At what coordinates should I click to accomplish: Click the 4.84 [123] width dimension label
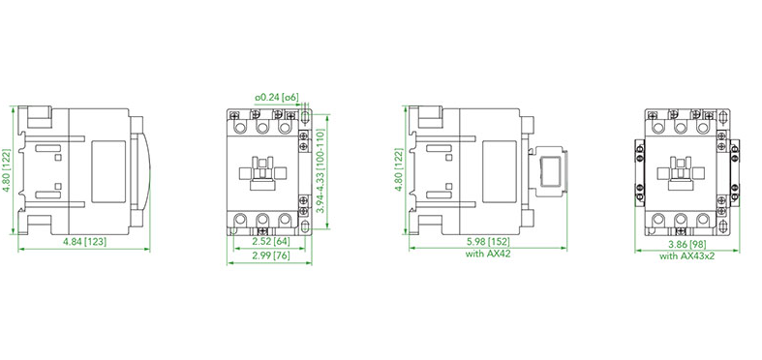coord(85,242)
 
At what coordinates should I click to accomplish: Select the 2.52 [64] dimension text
coord(270,242)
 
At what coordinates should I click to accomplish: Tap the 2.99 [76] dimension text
coord(270,255)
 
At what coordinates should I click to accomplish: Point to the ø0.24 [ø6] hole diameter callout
coord(276,98)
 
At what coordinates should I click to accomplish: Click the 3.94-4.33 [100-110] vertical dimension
coord(320,171)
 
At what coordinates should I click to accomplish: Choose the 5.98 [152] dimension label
coord(488,242)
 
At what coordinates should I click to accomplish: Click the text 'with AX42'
coord(488,254)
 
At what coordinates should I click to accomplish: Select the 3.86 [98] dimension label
coord(687,245)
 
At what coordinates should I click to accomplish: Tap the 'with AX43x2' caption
coord(686,256)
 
